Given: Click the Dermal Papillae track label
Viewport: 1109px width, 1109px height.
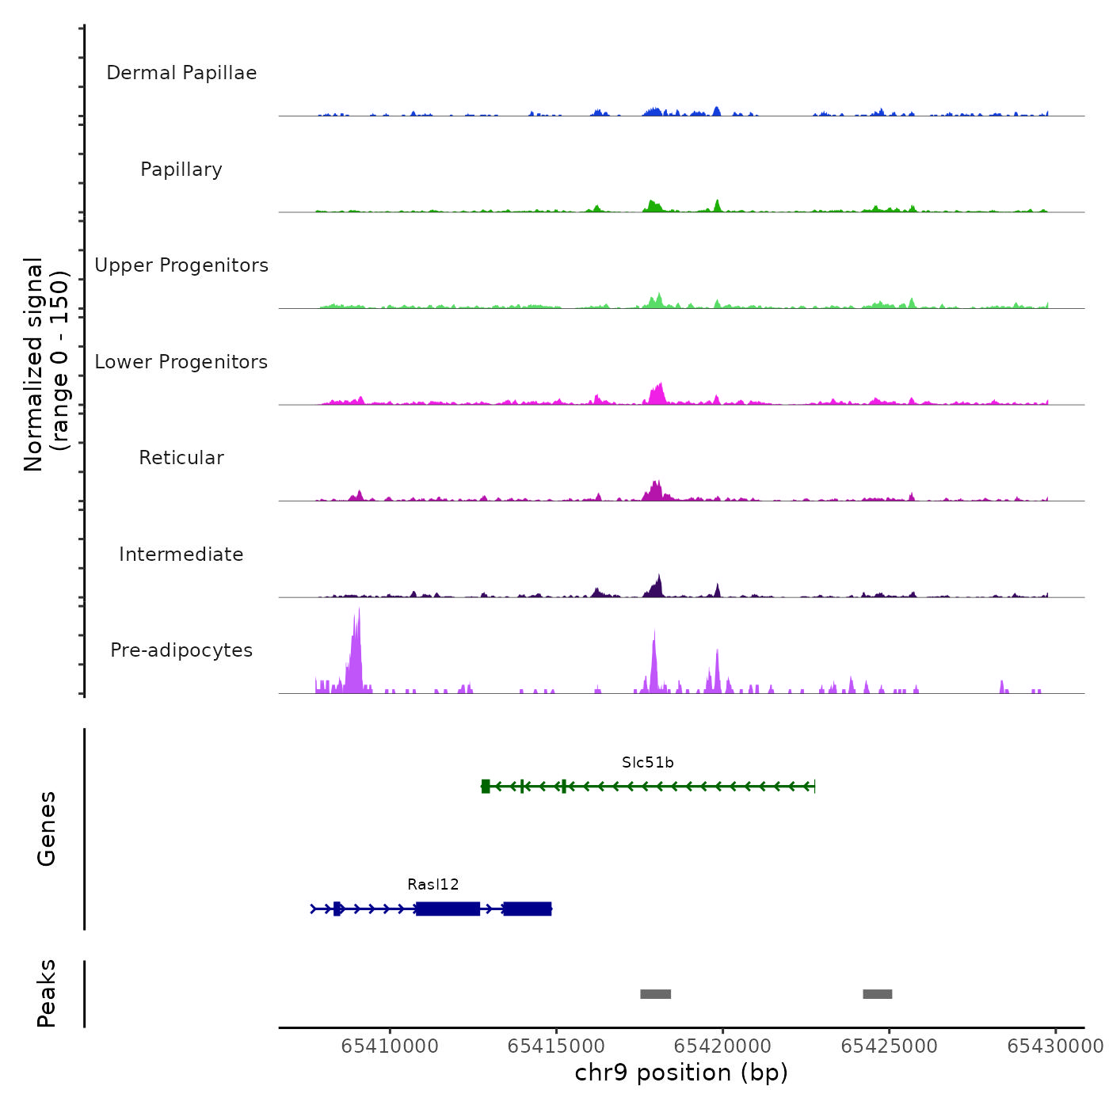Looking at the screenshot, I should click(x=181, y=73).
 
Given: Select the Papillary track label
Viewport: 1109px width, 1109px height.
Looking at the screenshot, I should click(x=181, y=170).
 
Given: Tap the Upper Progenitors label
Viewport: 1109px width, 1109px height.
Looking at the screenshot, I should click(x=181, y=265).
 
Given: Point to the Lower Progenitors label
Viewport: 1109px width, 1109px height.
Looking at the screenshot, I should click(x=181, y=362).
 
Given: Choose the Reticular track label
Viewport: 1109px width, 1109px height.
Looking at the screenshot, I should click(x=181, y=458).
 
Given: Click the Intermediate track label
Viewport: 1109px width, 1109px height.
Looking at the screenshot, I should click(x=181, y=554).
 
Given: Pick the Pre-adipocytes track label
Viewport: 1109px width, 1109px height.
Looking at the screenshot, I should click(x=181, y=650).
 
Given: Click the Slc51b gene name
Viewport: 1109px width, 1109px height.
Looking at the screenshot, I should click(x=647, y=763).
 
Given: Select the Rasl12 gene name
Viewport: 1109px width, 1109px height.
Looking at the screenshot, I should click(x=433, y=885).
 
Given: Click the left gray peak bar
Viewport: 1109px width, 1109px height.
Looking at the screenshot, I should click(x=655, y=994).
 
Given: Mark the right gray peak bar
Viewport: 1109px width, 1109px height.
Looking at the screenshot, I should click(x=877, y=994).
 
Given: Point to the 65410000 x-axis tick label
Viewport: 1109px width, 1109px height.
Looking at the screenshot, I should click(x=390, y=1046).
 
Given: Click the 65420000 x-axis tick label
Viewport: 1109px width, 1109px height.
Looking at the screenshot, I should click(x=722, y=1046).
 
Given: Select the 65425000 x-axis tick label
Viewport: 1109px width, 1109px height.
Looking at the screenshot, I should click(x=889, y=1046).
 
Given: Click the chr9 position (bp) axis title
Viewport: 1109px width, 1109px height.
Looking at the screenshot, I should click(x=681, y=1073).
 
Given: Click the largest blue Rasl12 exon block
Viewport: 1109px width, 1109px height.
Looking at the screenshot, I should click(x=448, y=909).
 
